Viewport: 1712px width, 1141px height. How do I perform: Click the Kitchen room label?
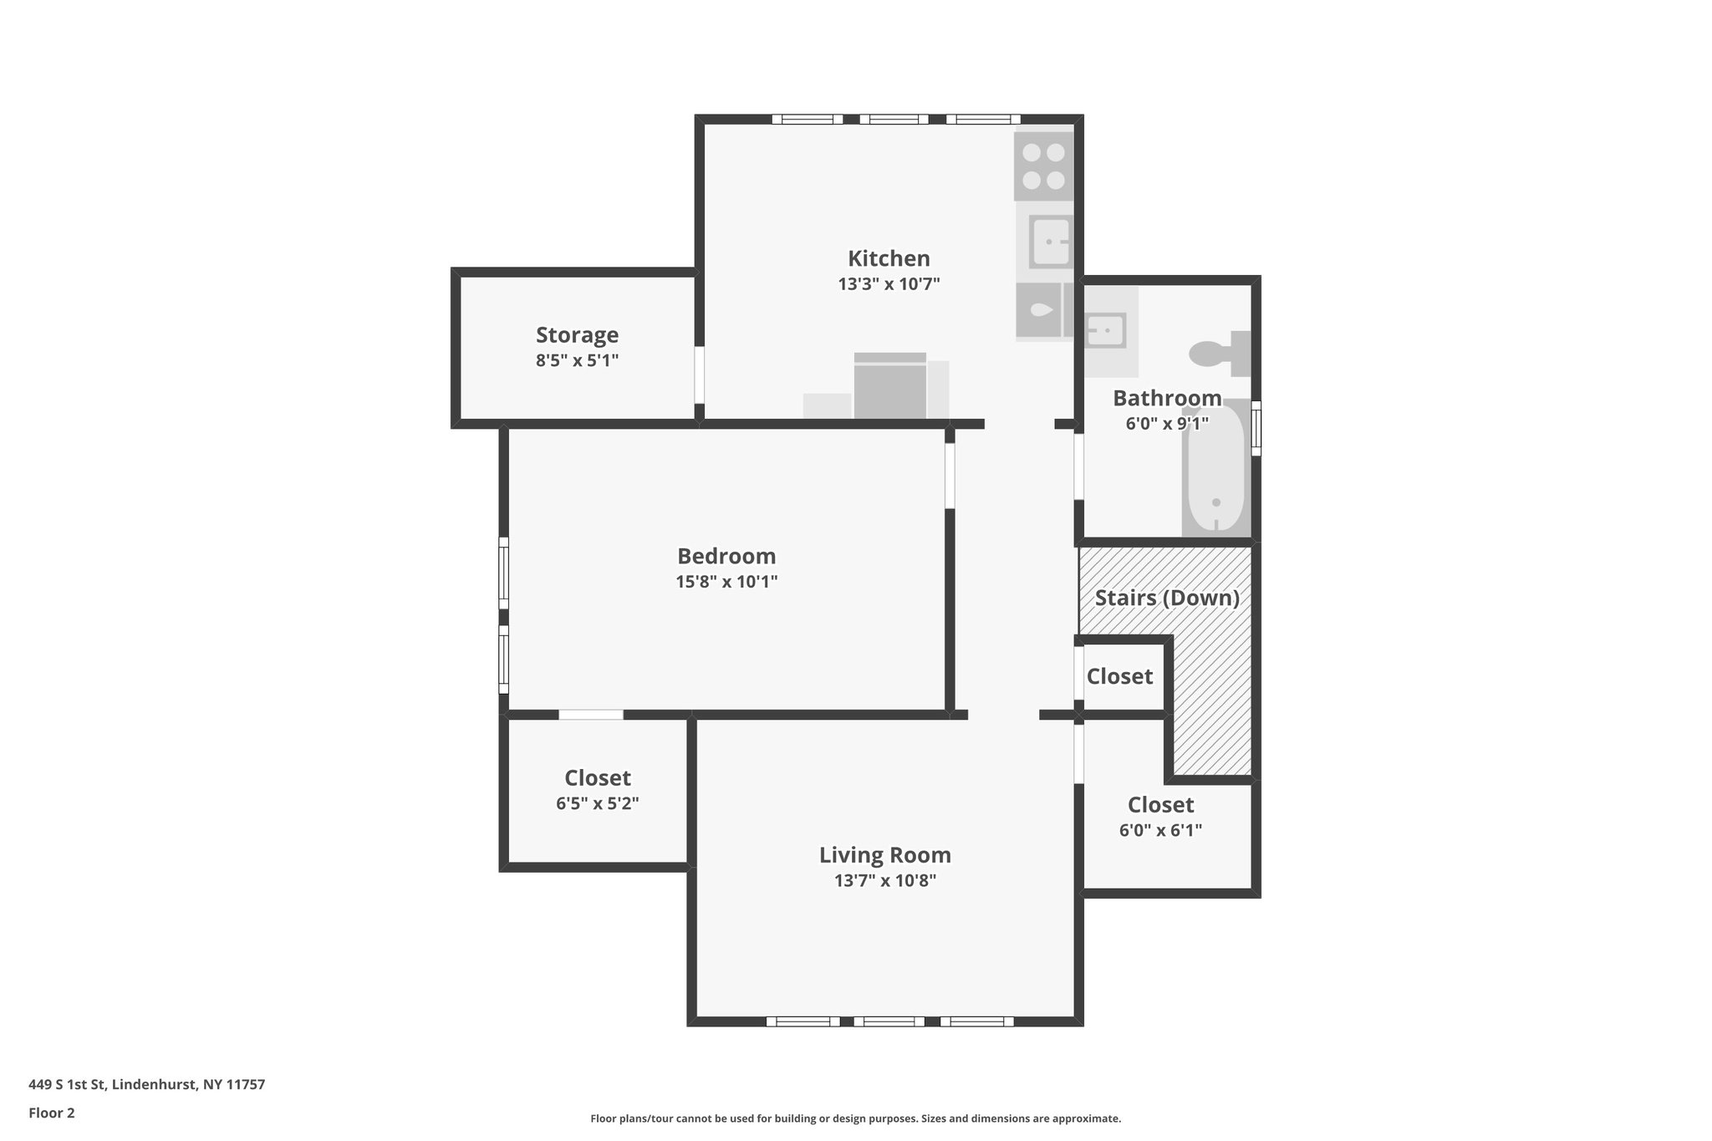coord(888,258)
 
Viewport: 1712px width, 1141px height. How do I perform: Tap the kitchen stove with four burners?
coord(1043,166)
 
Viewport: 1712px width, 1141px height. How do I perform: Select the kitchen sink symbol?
coord(1050,242)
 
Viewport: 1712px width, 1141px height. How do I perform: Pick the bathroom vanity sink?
coord(1105,331)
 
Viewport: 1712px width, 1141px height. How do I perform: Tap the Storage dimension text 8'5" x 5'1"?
coord(577,361)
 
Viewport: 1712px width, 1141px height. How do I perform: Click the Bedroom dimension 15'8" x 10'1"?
coord(726,582)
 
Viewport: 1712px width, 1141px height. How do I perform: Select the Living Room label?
coord(884,855)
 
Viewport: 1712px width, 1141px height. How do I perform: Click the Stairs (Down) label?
coord(1166,598)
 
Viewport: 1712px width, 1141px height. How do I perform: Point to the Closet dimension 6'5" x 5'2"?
coord(597,804)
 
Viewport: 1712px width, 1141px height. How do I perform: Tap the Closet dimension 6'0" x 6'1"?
coord(1160,831)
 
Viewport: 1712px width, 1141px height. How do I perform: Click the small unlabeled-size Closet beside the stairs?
coord(1119,676)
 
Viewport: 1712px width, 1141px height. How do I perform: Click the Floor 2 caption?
coord(52,1113)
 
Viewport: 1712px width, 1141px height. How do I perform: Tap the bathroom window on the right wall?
coord(1256,428)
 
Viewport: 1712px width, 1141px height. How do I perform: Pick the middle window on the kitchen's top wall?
coord(894,120)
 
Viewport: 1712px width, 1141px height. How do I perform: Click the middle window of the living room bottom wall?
coord(889,1021)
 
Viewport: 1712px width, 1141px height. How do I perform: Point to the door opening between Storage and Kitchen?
coord(700,374)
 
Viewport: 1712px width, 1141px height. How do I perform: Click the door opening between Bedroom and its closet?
coord(591,715)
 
